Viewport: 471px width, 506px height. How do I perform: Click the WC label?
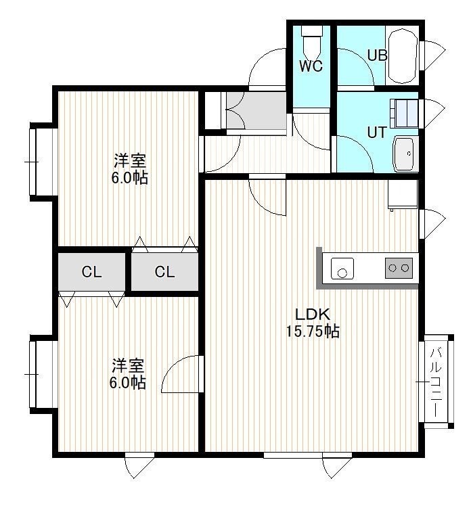click(x=311, y=66)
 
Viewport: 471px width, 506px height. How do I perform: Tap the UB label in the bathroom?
click(x=377, y=55)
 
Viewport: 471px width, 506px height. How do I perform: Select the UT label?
click(x=377, y=133)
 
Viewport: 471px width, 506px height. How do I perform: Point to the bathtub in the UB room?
click(x=402, y=55)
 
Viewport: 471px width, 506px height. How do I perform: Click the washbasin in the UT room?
click(x=403, y=154)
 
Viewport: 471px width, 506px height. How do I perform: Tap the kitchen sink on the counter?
click(x=342, y=268)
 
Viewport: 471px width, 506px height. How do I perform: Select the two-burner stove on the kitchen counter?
click(x=399, y=268)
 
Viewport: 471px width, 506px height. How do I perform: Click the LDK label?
click(x=313, y=314)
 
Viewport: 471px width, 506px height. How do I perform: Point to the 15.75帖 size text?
click(x=313, y=331)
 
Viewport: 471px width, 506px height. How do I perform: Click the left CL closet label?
click(x=91, y=272)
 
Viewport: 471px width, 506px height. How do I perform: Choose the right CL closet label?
click(x=164, y=272)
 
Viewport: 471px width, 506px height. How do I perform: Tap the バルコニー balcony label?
click(x=436, y=382)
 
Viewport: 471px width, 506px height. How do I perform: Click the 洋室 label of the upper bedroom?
click(x=130, y=161)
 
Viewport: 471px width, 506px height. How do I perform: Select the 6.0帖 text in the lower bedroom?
click(x=127, y=383)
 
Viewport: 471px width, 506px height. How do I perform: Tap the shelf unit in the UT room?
click(x=404, y=113)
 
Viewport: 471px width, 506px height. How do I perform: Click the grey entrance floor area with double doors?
click(x=256, y=110)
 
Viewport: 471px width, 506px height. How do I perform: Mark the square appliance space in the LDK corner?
click(x=403, y=194)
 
